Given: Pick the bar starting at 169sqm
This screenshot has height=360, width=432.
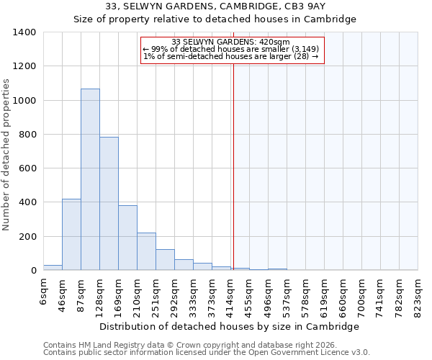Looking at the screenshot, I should point(127,238).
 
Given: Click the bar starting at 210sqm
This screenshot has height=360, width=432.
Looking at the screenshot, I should point(146,251).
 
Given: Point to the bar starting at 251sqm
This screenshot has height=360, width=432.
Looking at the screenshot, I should point(165,260).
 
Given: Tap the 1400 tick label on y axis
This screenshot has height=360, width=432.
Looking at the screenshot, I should point(24,32).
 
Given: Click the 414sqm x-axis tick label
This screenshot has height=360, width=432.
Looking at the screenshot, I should point(231,293).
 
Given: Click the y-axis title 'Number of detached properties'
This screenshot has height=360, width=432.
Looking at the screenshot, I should point(7,151).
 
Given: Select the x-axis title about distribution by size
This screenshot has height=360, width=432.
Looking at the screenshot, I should point(229,326).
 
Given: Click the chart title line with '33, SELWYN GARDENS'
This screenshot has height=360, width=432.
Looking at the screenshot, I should point(216,6).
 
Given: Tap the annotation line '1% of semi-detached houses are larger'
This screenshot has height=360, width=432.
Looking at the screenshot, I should point(230,56).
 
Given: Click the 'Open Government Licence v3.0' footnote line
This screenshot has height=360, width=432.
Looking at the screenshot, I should point(207,353).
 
